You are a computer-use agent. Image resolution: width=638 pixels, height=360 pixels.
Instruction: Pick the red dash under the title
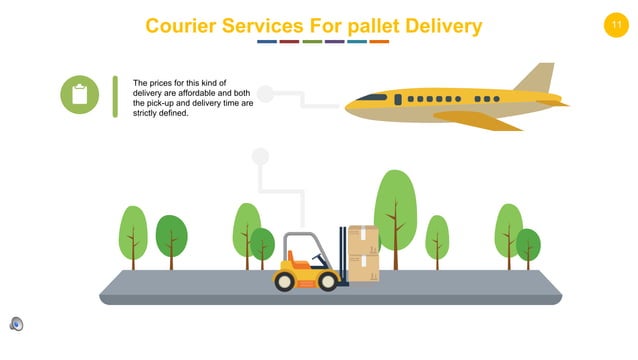coord(289,42)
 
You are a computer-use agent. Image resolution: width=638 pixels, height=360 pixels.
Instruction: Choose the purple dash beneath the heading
coord(334,42)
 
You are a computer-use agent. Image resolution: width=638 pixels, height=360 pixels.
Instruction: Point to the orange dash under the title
coord(379,42)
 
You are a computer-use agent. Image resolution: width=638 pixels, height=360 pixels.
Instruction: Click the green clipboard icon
coord(79,94)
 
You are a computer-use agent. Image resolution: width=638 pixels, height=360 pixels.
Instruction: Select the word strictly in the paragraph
coord(150,113)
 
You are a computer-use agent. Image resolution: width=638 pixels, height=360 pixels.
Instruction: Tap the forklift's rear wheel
coord(285,281)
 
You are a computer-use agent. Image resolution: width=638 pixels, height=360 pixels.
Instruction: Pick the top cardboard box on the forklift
coord(363,239)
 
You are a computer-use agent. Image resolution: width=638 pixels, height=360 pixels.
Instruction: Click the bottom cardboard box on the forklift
coord(363,267)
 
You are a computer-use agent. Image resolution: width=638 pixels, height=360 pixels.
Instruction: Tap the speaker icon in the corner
coord(16,323)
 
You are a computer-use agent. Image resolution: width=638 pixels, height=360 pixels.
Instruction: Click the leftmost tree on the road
coord(133,234)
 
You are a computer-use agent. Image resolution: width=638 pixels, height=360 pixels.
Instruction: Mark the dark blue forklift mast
coord(343,255)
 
